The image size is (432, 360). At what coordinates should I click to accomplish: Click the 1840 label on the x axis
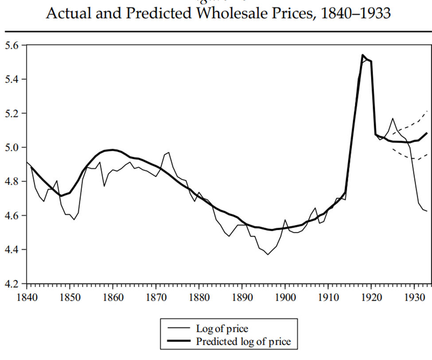pos(27,294)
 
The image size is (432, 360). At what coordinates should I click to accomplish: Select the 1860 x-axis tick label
pos(113,294)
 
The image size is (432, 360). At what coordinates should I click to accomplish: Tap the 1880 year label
pos(198,294)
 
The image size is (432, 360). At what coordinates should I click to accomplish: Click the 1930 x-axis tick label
pos(413,294)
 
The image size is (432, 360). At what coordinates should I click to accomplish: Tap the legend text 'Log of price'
pos(222,329)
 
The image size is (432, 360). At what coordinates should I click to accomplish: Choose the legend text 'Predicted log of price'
pos(243,341)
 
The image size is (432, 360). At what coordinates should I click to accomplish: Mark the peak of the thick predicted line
pos(362,55)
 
